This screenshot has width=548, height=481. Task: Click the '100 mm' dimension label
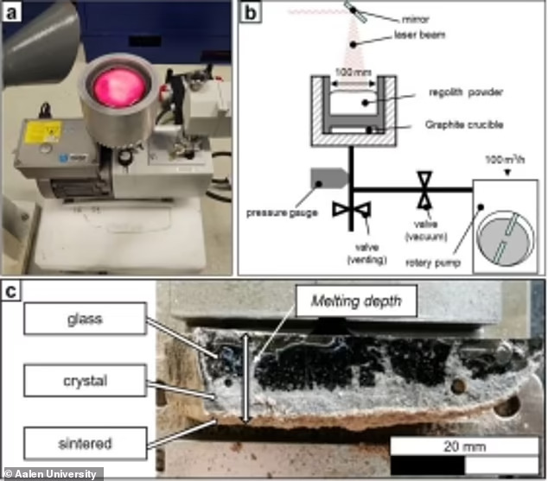point(347,69)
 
